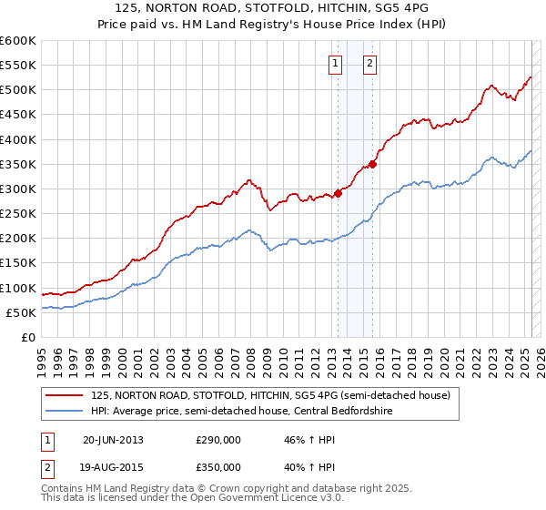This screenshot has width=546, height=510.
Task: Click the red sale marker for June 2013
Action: click(x=338, y=193)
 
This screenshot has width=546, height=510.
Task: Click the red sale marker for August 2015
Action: click(x=372, y=164)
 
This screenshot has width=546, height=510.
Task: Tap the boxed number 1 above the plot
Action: click(x=336, y=64)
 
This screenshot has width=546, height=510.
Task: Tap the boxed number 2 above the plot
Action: click(x=370, y=64)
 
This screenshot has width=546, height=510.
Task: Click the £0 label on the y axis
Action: click(x=27, y=337)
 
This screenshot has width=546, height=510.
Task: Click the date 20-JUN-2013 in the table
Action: click(x=113, y=440)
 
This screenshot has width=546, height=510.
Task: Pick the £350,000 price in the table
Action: click(x=218, y=467)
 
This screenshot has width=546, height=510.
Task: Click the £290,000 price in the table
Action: click(x=218, y=440)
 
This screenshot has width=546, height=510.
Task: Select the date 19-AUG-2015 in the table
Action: click(x=113, y=467)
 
